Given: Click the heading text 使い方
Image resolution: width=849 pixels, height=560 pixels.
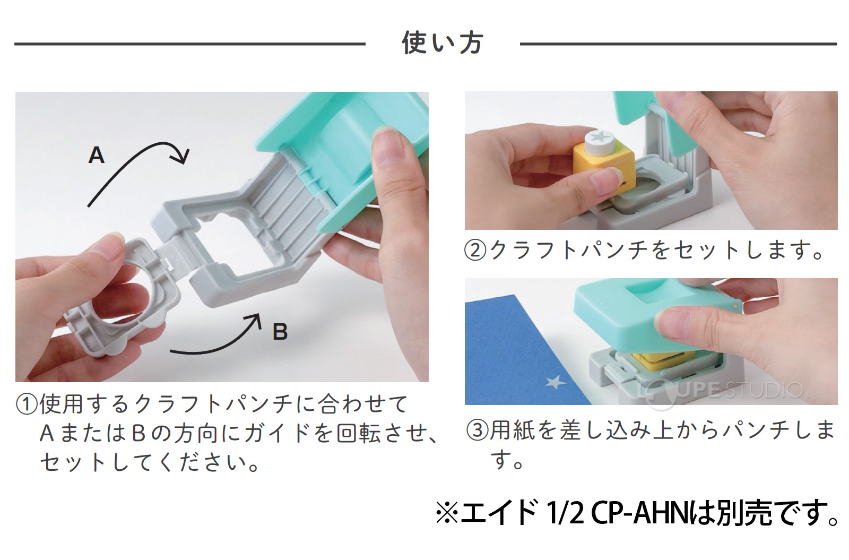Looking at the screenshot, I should coord(442,43).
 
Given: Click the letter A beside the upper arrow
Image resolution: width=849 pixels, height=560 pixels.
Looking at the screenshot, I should coord(96,155).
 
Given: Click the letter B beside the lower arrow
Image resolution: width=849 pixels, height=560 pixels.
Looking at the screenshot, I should coord(280,332).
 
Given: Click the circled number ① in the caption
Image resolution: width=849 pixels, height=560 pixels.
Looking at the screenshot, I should coord(27,404).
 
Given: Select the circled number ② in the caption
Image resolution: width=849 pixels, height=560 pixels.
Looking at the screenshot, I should coord(475,250).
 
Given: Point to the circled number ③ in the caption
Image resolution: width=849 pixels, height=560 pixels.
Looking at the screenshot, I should coord(477,430).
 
